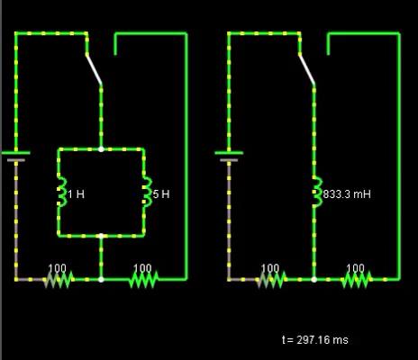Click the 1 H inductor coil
[x=62, y=192]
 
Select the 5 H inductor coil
[x=148, y=192]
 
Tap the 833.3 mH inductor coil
[x=317, y=192]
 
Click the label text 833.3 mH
[x=347, y=194]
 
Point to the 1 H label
[x=77, y=194]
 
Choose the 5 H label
[x=161, y=194]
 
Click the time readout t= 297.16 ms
[x=315, y=340]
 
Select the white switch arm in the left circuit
[x=94, y=69]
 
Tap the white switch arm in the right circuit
[x=306, y=69]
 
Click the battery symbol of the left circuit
[x=16, y=157]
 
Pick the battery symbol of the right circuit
[x=229, y=157]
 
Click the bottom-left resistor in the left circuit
[x=59, y=279]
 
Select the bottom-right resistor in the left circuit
[x=143, y=279]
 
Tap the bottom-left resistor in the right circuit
[x=271, y=279]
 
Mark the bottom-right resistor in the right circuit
[x=357, y=279]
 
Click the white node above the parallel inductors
[x=101, y=149]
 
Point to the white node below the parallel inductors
[x=101, y=236]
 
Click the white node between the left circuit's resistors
[x=101, y=280]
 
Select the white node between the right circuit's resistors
[x=314, y=280]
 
